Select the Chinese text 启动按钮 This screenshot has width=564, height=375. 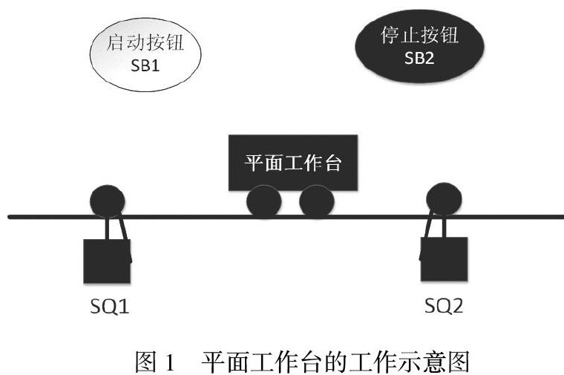[x=146, y=43]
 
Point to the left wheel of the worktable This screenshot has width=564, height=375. [x=263, y=201]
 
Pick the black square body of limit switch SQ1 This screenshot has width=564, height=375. [x=107, y=260]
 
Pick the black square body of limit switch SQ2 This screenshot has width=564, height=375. [x=444, y=258]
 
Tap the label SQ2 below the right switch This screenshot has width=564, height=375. [x=444, y=305]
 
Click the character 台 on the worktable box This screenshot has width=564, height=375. [x=333, y=163]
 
